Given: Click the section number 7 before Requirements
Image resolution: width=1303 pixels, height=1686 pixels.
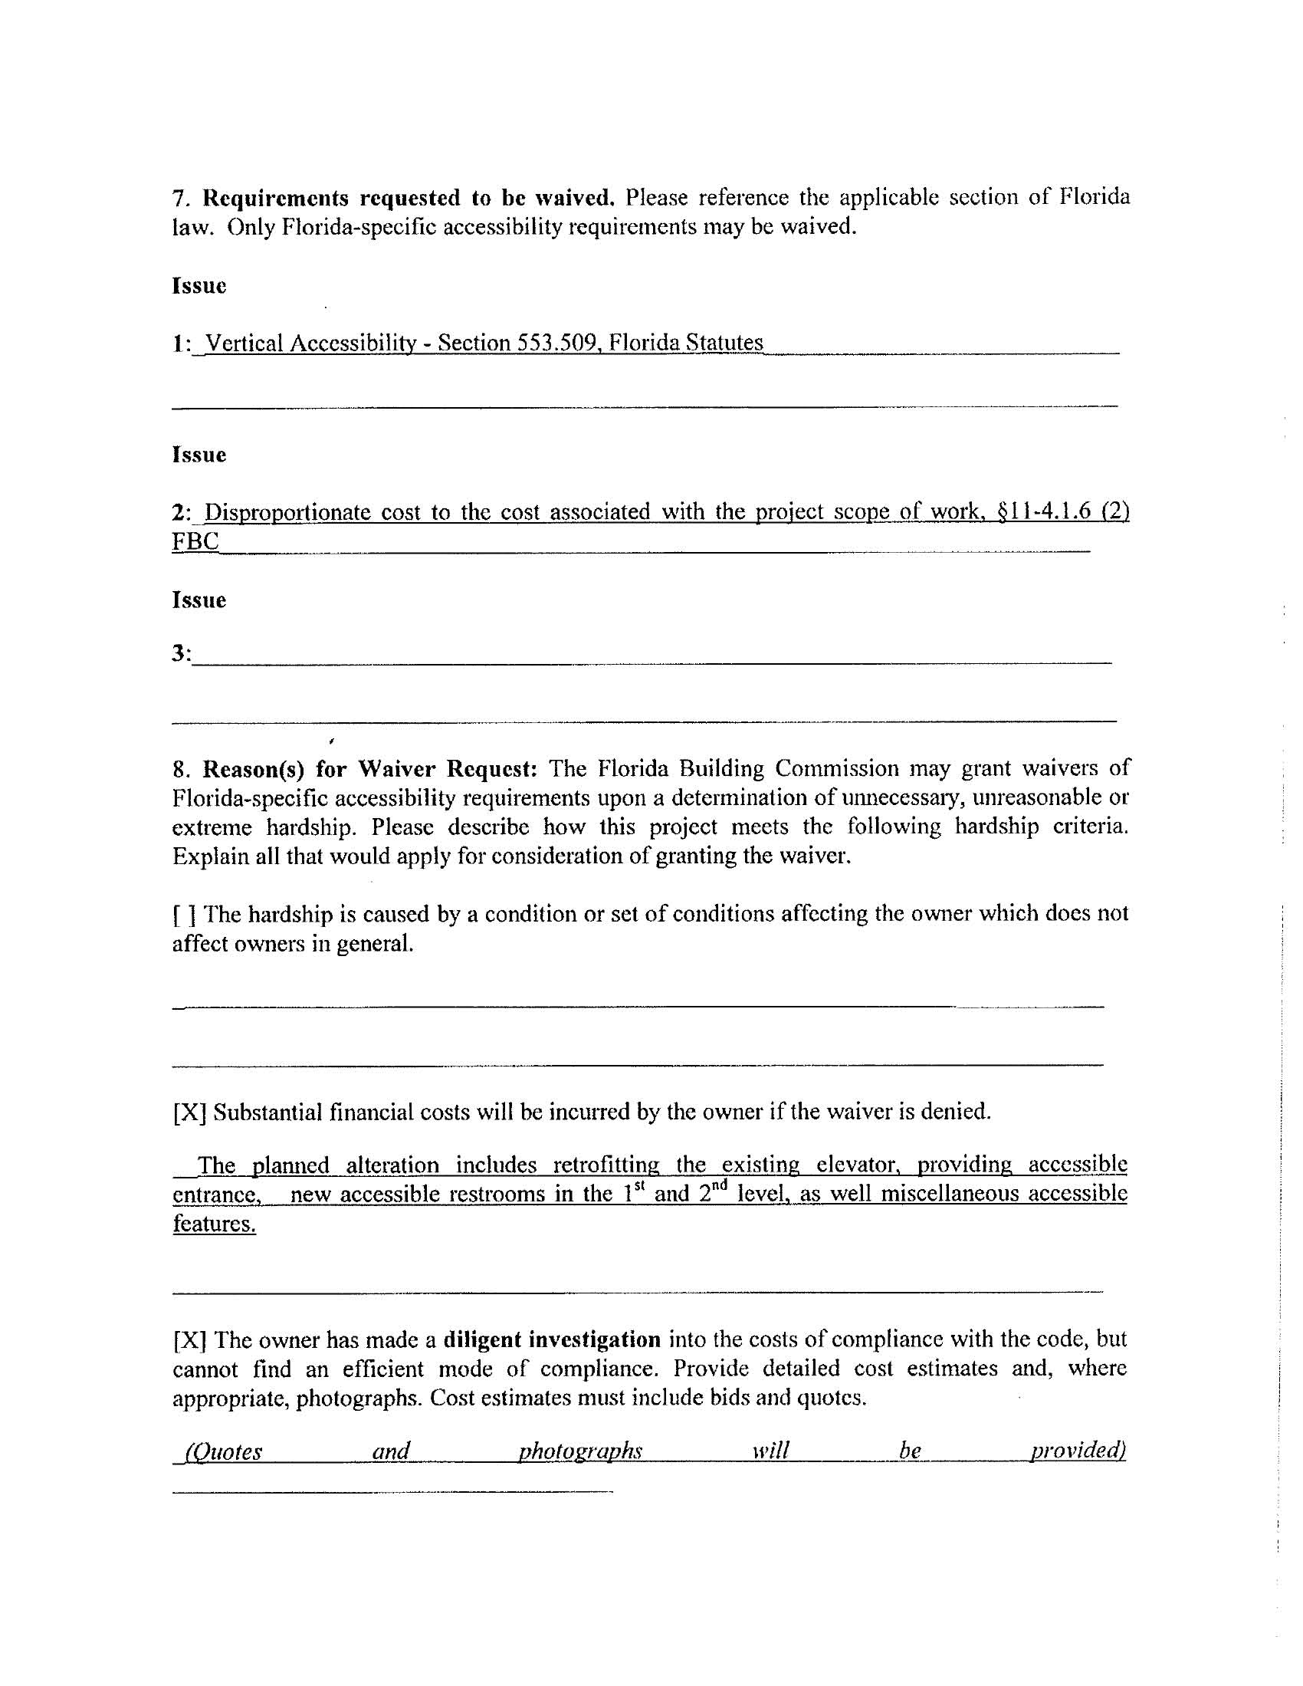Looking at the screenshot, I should (179, 199).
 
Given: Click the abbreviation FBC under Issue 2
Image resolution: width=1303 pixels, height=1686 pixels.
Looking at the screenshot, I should (195, 541).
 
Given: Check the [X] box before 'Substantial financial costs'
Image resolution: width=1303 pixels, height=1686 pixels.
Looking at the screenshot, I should (189, 1112).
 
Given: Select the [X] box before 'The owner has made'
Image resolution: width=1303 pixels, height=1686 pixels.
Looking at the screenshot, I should (189, 1339).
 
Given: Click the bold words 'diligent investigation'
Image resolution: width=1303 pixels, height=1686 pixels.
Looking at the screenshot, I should (552, 1339).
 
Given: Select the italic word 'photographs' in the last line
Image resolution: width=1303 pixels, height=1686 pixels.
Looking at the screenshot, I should (579, 1451).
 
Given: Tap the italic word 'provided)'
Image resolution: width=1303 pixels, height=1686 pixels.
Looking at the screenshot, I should (1078, 1451).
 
